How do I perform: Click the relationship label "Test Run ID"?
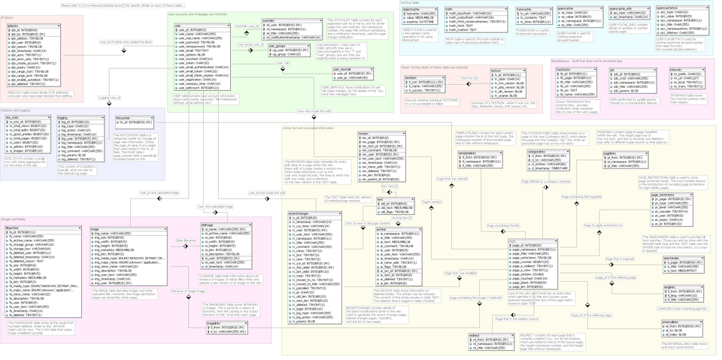coord(469,78)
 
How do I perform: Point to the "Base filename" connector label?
coord(186,241)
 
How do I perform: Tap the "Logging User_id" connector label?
coord(110,98)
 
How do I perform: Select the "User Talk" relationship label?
coord(282,62)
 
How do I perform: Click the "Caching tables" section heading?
coord(411,2)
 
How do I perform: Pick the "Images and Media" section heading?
coord(14,219)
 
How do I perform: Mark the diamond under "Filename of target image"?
coord(189,298)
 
